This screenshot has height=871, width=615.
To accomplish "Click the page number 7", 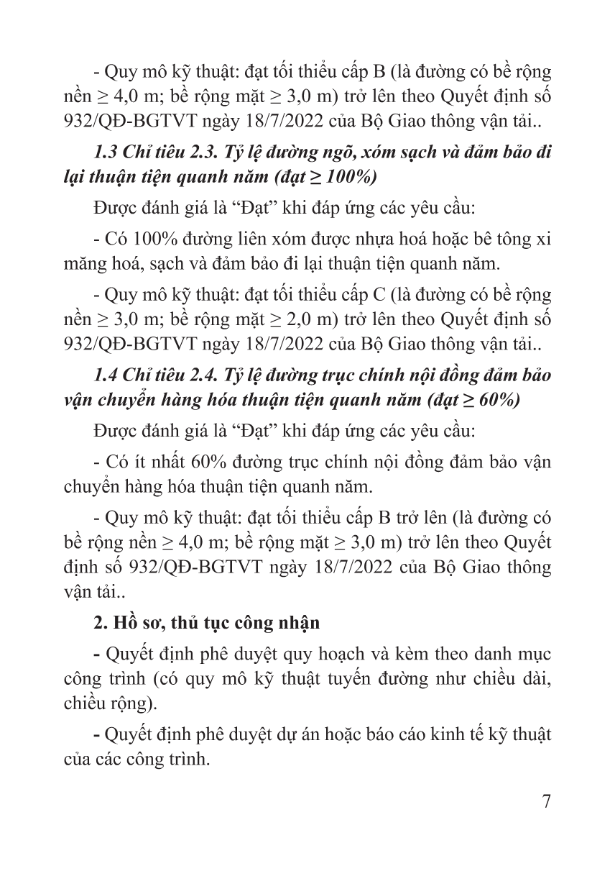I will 545,803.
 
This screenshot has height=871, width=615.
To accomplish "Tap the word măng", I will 82,263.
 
